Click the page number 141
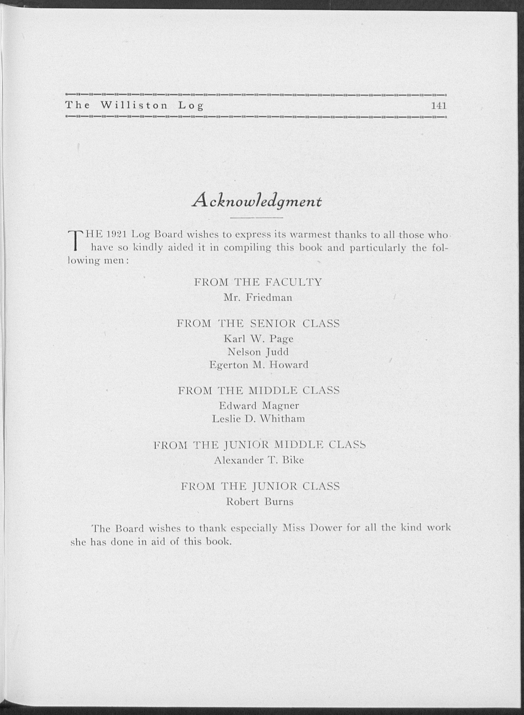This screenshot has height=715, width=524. (x=439, y=106)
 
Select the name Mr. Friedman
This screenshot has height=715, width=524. (x=258, y=298)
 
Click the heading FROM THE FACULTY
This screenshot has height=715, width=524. (x=258, y=282)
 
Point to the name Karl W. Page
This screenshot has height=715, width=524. (x=259, y=339)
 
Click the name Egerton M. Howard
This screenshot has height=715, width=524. (x=259, y=365)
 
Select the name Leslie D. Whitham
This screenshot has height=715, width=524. (x=259, y=419)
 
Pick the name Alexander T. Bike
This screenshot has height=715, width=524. (x=259, y=460)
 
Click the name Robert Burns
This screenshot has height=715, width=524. (x=259, y=502)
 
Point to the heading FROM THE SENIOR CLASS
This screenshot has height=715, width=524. (x=258, y=323)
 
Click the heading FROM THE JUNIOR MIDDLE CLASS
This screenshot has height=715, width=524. (x=259, y=445)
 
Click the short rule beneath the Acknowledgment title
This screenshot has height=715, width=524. (x=257, y=218)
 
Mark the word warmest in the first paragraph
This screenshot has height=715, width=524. (x=312, y=235)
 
